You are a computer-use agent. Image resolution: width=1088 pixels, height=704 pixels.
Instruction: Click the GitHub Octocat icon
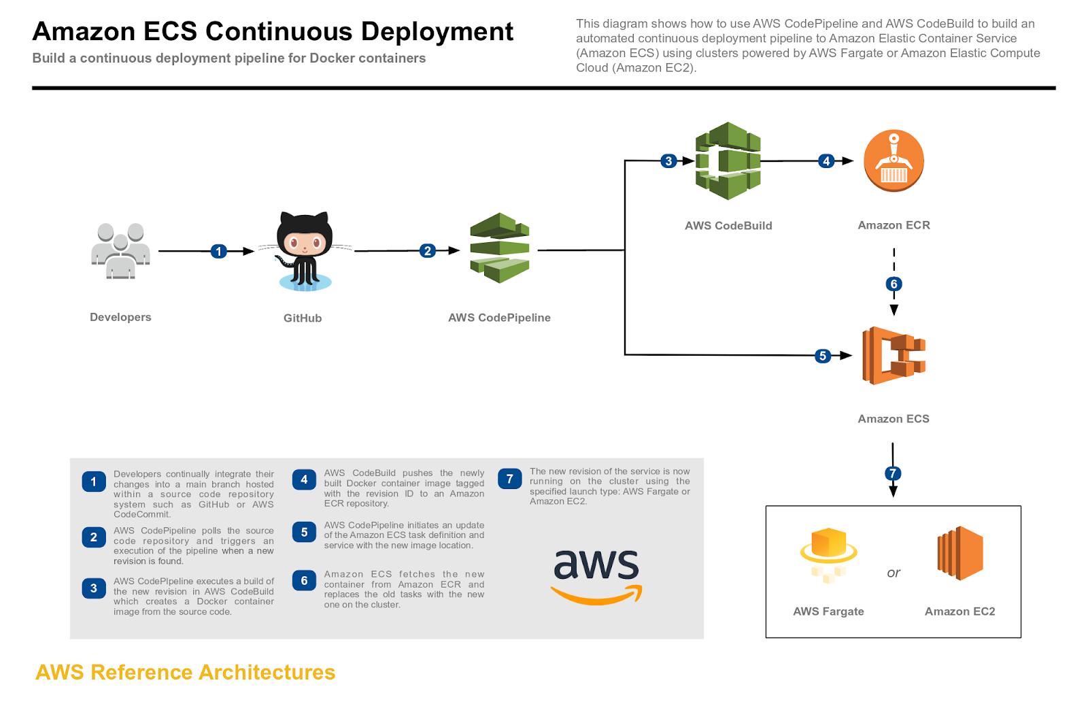305,251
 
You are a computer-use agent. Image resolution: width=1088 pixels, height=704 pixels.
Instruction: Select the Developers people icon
120,251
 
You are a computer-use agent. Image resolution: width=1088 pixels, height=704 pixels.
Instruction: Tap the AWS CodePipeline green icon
500,248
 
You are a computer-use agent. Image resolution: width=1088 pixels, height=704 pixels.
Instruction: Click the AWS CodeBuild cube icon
728,161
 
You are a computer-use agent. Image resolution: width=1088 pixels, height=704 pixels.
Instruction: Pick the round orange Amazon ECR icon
894,161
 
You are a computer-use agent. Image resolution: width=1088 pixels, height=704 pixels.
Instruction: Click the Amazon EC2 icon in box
959,553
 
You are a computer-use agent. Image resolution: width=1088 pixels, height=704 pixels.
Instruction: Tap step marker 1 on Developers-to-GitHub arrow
218,251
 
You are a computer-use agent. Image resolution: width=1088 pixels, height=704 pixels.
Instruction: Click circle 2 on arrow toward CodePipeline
427,250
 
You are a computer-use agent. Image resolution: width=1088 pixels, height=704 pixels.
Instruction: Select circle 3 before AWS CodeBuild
668,161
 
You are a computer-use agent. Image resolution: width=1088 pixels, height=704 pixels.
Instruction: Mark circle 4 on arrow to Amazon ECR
826,161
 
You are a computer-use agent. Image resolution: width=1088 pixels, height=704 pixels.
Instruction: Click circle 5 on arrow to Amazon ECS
823,356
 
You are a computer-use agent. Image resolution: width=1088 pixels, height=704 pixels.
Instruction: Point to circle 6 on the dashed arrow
894,284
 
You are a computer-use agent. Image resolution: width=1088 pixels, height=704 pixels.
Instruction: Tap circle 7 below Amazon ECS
893,473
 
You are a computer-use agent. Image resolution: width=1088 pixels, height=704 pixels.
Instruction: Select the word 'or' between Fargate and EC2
894,573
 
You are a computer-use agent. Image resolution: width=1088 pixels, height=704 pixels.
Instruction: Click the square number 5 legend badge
304,533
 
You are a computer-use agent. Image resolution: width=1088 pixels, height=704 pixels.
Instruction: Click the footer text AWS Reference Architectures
185,672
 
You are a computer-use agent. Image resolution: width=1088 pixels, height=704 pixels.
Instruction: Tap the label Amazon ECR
894,225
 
